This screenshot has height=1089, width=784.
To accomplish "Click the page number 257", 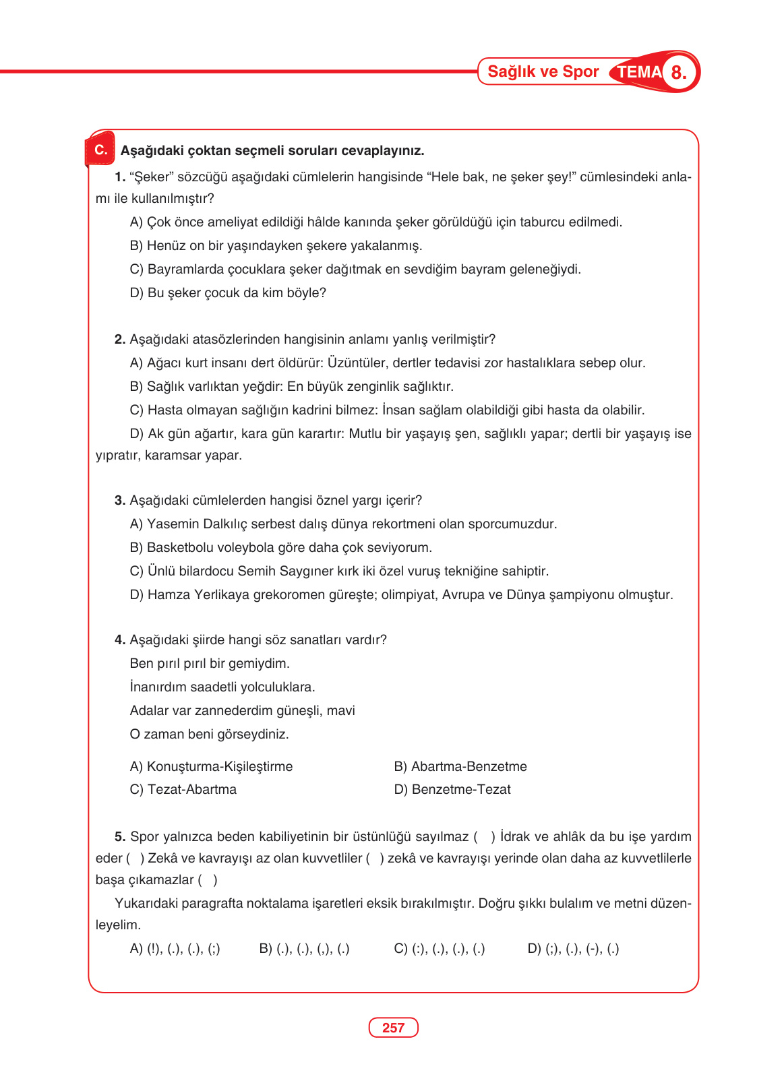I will (393, 1028).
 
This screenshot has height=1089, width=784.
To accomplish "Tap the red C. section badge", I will (100, 150).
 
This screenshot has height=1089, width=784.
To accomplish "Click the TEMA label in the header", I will (638, 72).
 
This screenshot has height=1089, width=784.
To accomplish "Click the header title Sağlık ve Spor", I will (543, 71).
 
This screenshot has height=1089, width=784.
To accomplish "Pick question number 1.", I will (120, 177).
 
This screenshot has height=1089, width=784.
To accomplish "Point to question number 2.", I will (120, 340).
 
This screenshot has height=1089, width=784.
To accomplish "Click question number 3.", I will (120, 501).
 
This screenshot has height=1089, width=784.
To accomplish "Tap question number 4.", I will (120, 640).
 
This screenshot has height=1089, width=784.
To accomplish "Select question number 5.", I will (120, 837).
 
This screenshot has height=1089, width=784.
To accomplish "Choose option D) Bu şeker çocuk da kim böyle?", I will (228, 293).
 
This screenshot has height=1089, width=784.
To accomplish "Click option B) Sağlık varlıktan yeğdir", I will (291, 387).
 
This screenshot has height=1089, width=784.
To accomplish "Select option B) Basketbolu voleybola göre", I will (280, 548).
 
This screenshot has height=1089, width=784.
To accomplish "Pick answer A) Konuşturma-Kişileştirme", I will (211, 767).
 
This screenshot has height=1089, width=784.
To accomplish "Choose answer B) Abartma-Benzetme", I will (460, 767).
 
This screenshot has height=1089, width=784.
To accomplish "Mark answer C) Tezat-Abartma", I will (183, 790).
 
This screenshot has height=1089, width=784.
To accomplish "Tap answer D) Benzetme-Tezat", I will (452, 790).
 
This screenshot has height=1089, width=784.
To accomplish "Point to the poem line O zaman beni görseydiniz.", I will (209, 735).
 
